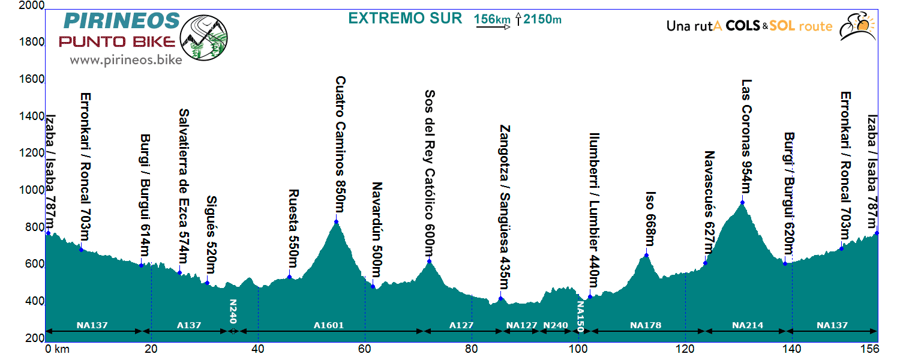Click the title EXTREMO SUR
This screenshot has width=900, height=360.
tap(406, 19)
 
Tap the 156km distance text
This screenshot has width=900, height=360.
tap(491, 19)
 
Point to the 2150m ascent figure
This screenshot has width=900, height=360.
tap(542, 19)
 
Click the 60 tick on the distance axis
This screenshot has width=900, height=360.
tap(365, 348)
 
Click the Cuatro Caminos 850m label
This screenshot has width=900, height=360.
tap(340, 145)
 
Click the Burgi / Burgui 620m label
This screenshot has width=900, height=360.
tap(788, 195)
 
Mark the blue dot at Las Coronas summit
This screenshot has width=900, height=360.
tap(743, 202)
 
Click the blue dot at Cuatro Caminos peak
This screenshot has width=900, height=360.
tap(336, 221)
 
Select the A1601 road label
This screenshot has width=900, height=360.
tap(329, 326)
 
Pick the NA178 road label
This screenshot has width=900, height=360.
tap(646, 326)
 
